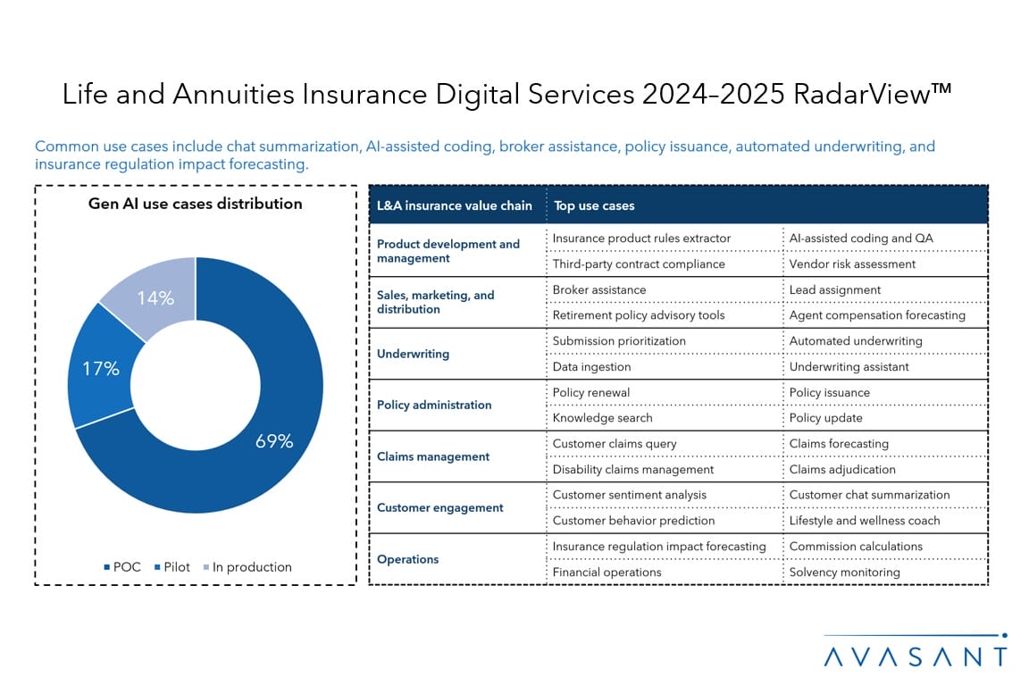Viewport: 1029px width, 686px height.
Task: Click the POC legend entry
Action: point(122,567)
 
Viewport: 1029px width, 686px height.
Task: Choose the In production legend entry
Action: point(247,567)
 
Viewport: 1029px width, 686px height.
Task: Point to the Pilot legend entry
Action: point(171,567)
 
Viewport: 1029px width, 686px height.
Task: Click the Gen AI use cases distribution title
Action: point(196,204)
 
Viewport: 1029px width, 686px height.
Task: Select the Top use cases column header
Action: point(594,205)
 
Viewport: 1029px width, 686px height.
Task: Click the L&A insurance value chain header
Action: point(454,205)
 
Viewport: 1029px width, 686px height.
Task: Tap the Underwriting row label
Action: point(413,354)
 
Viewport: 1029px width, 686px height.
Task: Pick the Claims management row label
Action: point(433,456)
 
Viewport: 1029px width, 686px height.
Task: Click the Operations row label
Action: point(407,559)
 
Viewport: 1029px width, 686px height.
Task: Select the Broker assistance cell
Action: point(599,289)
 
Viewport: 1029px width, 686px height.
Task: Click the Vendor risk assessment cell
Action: point(852,264)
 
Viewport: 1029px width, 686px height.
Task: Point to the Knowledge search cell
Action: point(602,417)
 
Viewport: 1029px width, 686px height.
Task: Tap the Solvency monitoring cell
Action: point(845,572)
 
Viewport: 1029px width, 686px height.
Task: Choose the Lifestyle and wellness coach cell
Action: point(865,521)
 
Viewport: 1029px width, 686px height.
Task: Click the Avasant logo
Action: point(916,651)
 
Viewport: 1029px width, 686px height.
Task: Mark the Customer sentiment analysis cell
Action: point(630,495)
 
